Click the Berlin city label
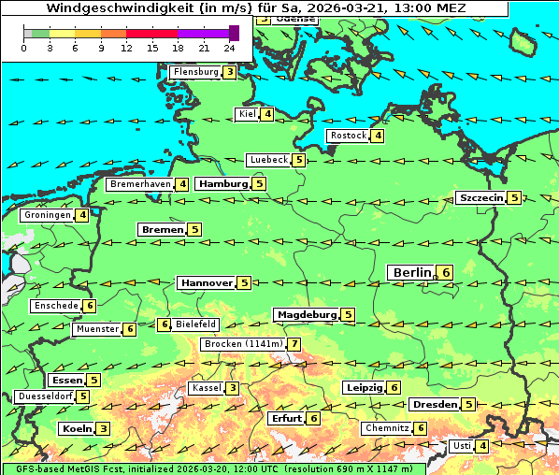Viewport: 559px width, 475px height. (411, 272)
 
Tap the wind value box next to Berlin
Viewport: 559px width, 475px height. (446, 272)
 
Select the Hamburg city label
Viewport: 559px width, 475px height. (222, 184)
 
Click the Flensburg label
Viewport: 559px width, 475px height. (195, 72)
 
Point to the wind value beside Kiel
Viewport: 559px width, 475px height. (267, 114)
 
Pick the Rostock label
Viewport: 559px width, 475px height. (348, 136)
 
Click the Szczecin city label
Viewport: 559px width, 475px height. (480, 197)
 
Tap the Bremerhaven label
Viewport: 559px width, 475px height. (140, 184)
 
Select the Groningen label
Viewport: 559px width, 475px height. (48, 215)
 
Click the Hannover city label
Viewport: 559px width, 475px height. (206, 282)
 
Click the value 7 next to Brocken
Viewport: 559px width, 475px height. (294, 344)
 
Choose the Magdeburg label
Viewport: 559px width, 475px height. (306, 314)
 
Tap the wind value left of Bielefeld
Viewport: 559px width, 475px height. (164, 324)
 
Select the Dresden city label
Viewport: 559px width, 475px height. (434, 405)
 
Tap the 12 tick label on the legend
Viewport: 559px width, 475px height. (126, 48)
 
